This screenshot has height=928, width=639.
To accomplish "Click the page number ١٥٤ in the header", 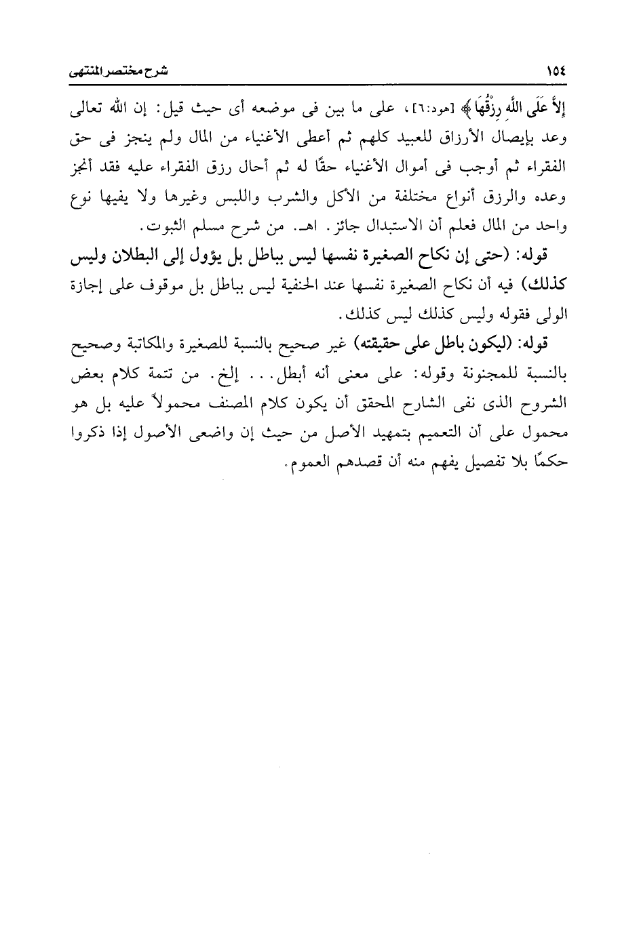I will coord(556,70).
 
